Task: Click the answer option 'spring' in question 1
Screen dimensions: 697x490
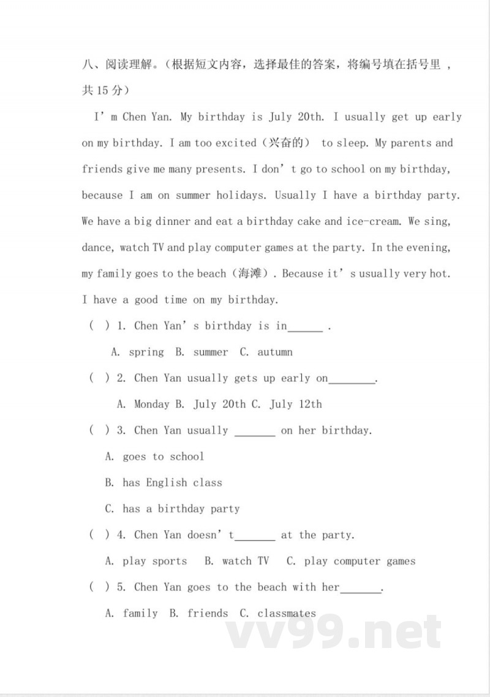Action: point(146,352)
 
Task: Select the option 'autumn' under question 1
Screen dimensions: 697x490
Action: point(275,352)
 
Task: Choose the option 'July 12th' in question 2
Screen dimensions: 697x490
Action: point(296,404)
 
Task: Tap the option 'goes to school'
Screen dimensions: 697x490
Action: point(163,457)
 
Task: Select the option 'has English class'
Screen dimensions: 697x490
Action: point(172,483)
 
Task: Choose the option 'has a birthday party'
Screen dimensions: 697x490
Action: point(181,509)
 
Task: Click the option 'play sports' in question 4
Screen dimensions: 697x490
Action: point(155,562)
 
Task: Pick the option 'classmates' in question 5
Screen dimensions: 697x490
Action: point(287,614)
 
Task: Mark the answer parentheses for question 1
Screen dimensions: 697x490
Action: point(100,326)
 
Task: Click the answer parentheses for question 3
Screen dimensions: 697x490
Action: point(100,430)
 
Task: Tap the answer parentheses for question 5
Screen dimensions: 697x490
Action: point(100,587)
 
